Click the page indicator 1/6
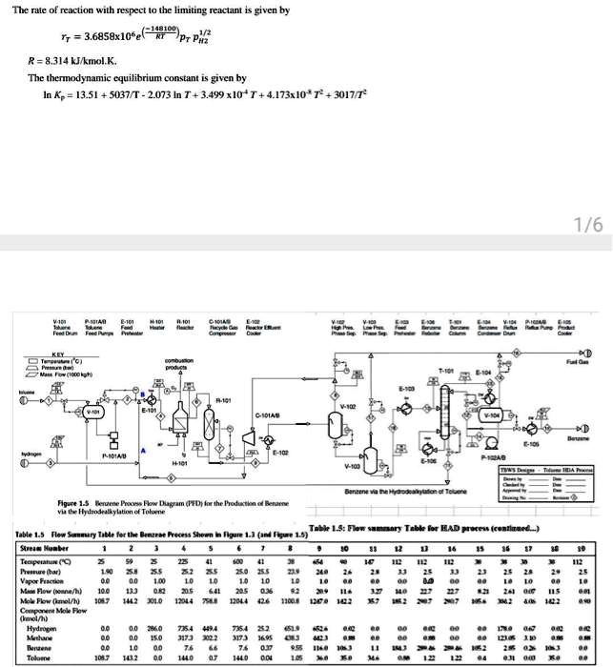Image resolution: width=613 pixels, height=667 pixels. coord(588,225)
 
